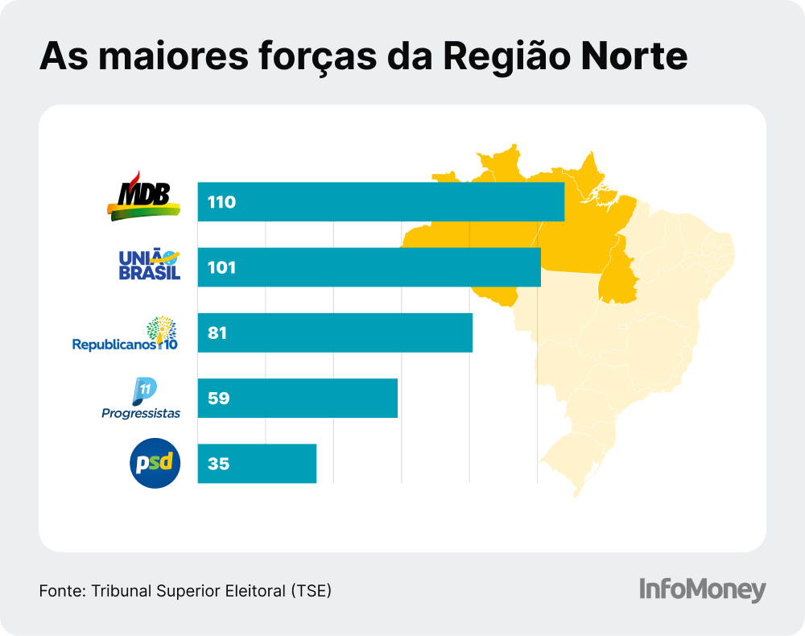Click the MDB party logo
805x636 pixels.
[x=142, y=197]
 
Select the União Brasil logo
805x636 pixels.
[x=149, y=265]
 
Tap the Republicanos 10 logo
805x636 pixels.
[x=125, y=335]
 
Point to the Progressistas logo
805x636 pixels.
[x=142, y=399]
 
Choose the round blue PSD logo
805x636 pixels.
[x=155, y=464]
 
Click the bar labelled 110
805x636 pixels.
[x=381, y=201]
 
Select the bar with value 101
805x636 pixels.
[x=369, y=267]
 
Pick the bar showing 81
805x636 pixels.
[x=335, y=332]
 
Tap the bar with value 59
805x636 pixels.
[x=298, y=398]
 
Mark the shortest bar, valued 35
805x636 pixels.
[x=257, y=464]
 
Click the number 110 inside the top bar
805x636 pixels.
[x=221, y=202]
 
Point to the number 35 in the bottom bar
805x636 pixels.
[x=218, y=465]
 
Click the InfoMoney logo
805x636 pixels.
[x=702, y=589]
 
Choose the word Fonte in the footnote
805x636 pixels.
[x=60, y=590]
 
